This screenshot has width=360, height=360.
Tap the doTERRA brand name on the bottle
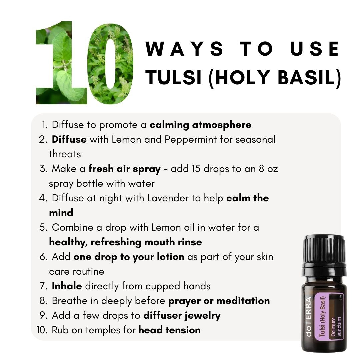pyautogui.click(x=309, y=317)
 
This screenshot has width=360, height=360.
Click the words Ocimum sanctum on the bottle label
pyautogui.click(x=336, y=327)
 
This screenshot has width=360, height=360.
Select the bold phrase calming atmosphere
pyautogui.click(x=200, y=125)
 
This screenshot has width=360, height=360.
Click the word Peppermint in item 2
pyautogui.click(x=191, y=140)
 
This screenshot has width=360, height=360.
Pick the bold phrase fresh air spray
pyautogui.click(x=124, y=169)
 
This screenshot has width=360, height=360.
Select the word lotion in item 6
pyautogui.click(x=171, y=257)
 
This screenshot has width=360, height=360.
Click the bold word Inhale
pyautogui.click(x=67, y=286)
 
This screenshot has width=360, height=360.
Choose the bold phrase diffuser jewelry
pyautogui.click(x=182, y=316)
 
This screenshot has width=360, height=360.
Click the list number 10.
pyautogui.click(x=42, y=330)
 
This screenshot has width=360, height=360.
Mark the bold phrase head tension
pyautogui.click(x=169, y=330)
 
